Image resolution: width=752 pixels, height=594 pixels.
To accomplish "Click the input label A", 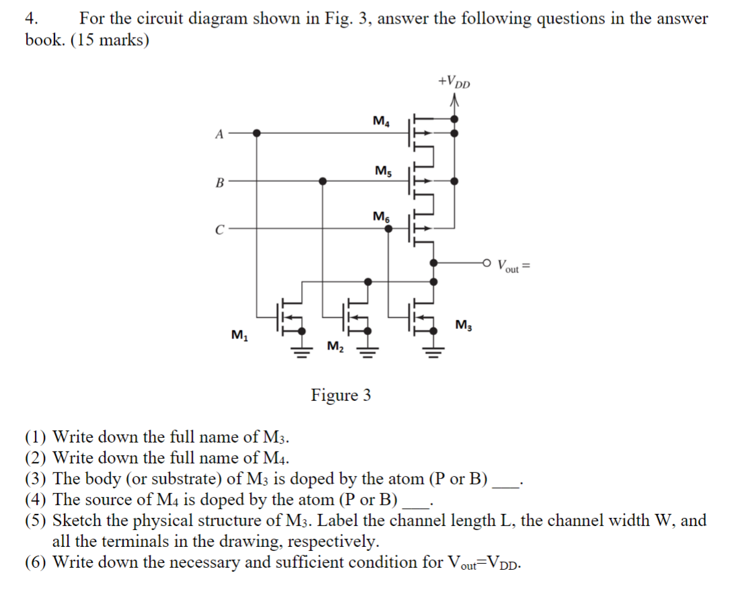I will point(218,133).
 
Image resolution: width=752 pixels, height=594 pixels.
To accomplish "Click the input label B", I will point(218,181).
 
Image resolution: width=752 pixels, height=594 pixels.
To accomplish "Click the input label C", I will point(218,228).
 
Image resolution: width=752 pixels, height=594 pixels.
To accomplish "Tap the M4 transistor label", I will point(380,122).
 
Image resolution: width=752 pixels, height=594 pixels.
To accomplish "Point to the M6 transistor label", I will point(380,217).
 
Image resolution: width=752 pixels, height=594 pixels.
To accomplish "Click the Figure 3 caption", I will point(341,395).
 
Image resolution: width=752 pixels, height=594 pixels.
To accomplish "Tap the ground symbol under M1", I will point(302,350).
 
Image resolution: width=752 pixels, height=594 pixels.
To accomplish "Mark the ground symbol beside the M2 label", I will point(367,350).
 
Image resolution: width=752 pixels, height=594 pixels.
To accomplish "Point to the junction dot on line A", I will point(257,133).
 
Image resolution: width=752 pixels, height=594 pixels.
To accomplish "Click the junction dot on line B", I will point(323,181).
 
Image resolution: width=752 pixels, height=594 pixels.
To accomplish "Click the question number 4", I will point(30,19).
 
